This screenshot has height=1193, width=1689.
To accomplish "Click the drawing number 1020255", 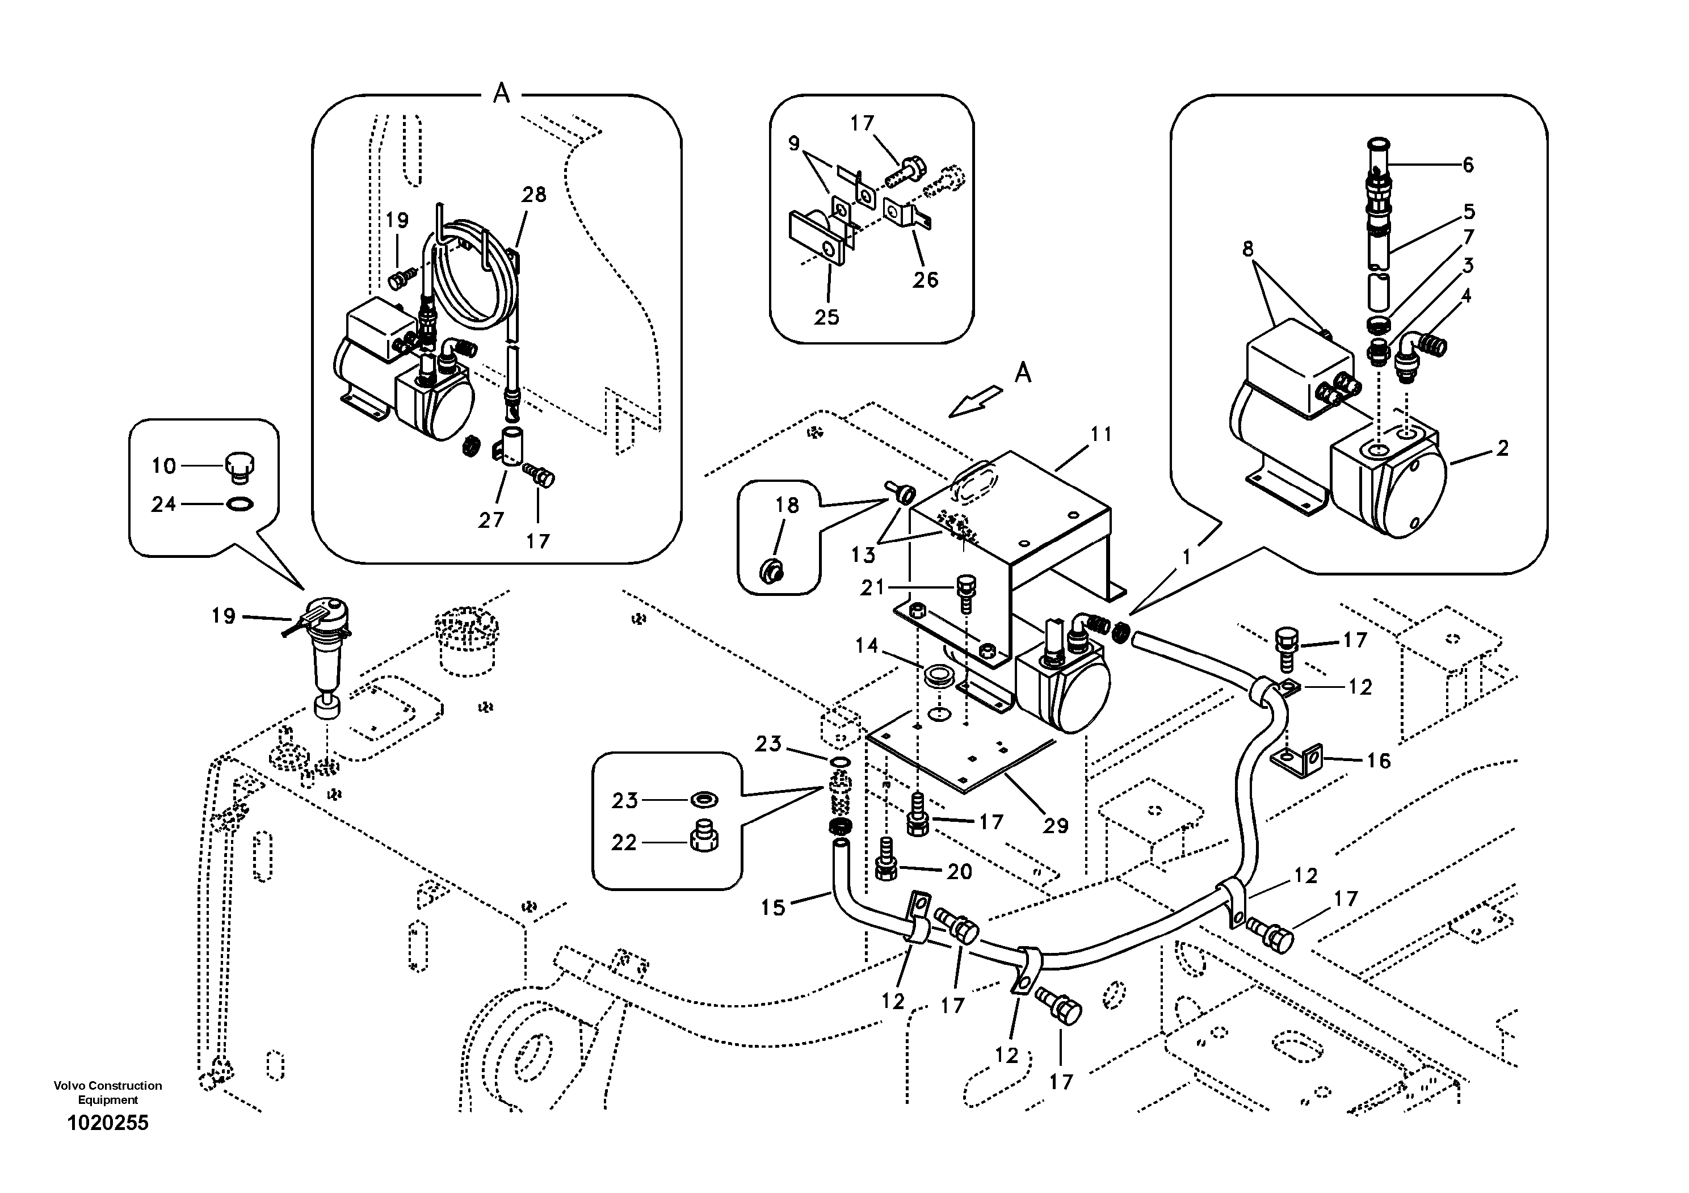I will (x=107, y=1123).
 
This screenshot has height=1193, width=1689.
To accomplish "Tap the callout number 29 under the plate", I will (x=1055, y=825).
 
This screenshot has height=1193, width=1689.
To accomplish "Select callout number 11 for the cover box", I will (x=1100, y=435).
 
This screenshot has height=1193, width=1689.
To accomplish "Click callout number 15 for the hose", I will (x=772, y=908).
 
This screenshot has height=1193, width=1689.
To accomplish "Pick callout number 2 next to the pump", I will (x=1502, y=448).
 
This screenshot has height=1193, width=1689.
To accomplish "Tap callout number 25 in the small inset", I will (x=826, y=317).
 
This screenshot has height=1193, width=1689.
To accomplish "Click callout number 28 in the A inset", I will (x=534, y=195).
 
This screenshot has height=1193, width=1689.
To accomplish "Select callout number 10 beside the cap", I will (x=163, y=465).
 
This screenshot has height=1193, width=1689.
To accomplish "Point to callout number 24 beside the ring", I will (x=163, y=504).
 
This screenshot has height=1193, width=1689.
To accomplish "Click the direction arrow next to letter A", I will (x=974, y=402).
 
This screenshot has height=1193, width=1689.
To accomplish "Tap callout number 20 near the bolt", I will (x=959, y=872).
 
